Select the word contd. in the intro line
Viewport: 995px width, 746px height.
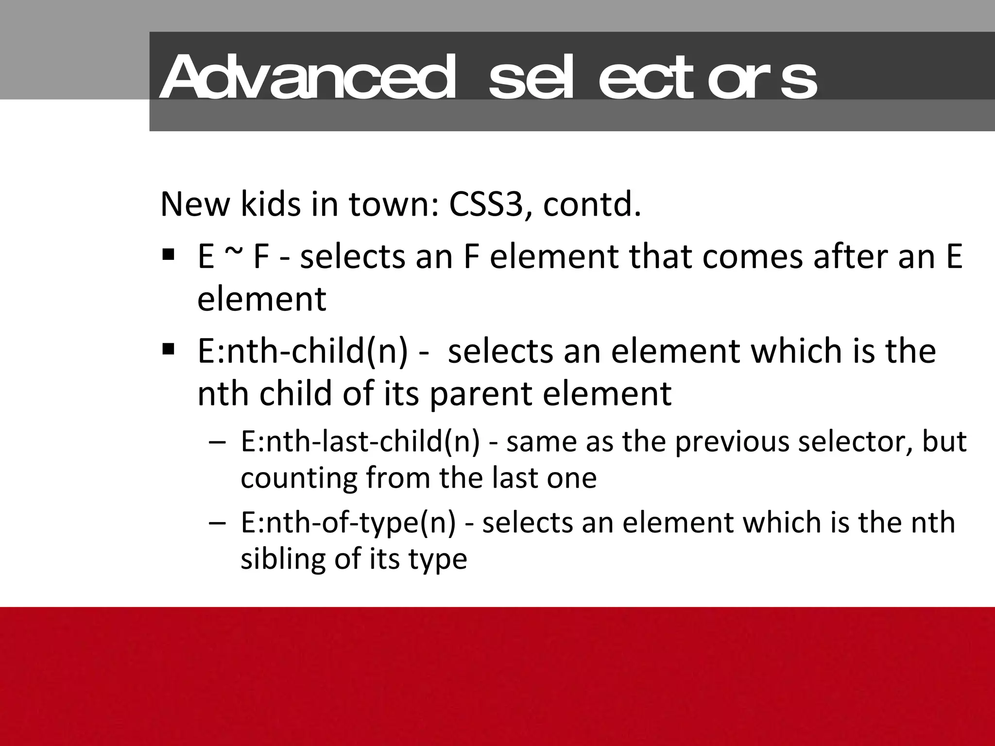592,204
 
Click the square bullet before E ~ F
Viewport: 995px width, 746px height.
169,254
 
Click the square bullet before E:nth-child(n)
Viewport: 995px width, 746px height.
169,349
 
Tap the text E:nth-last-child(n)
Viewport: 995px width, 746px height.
360,442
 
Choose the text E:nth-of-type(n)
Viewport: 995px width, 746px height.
348,523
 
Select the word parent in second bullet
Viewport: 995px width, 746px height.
481,394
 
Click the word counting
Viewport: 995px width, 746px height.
298,478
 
